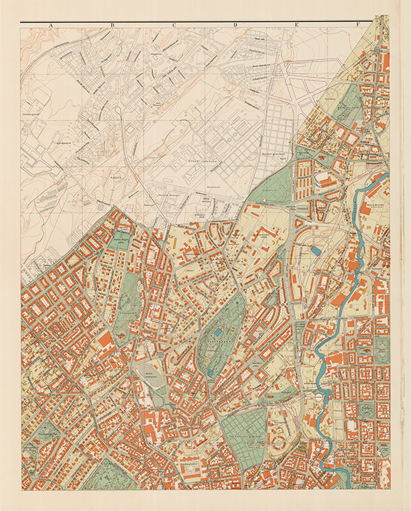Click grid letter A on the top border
click(51, 25)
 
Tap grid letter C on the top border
click(174, 25)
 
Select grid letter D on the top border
click(235, 25)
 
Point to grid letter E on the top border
click(297, 25)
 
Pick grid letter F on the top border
click(358, 25)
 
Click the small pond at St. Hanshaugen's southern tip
click(212, 373)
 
